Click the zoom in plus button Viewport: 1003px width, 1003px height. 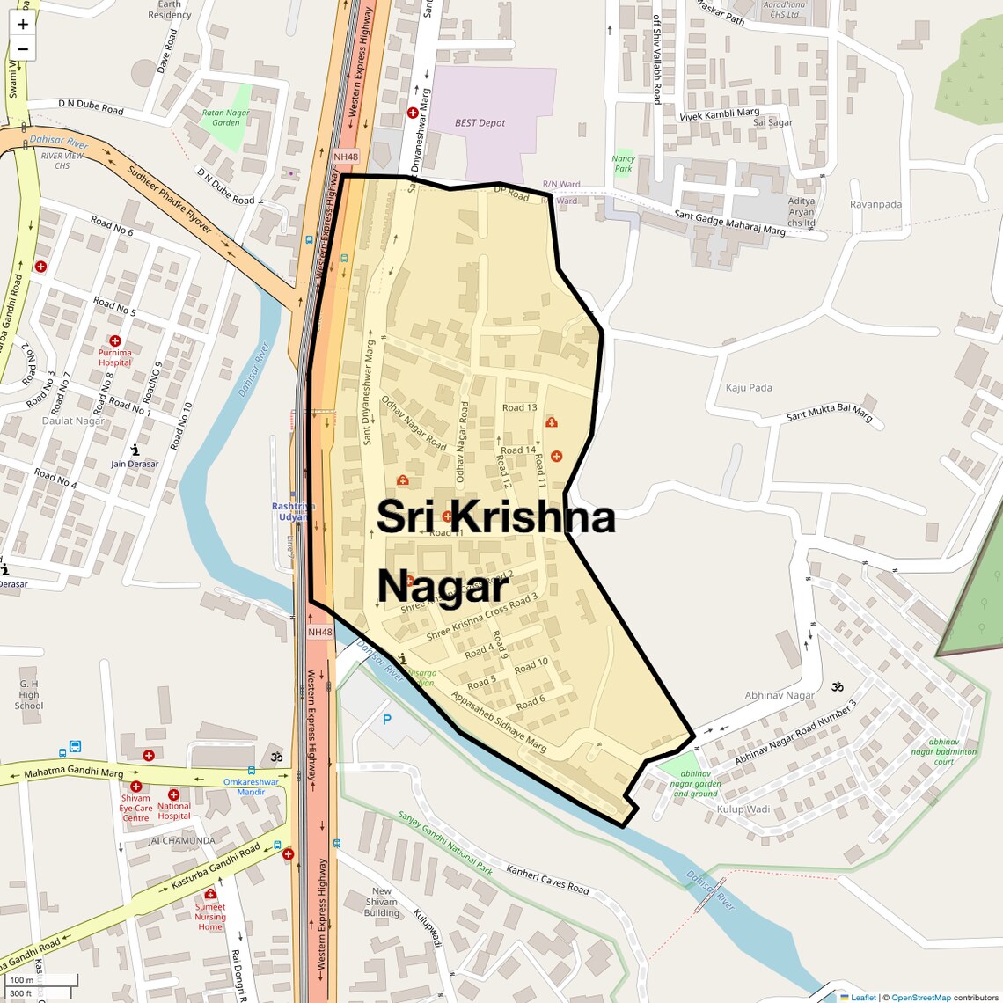(x=23, y=24)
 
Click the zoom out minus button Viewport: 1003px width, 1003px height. (x=23, y=49)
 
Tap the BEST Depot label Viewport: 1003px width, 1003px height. (x=480, y=123)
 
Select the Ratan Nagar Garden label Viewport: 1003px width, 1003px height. (x=226, y=118)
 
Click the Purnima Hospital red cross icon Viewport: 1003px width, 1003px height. (x=114, y=340)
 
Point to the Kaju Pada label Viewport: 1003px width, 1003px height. (x=749, y=387)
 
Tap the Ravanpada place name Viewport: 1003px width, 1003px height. (x=875, y=204)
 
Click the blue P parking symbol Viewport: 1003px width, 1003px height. (x=386, y=720)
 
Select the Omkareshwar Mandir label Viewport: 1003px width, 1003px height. (x=251, y=787)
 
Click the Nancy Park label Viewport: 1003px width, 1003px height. (x=623, y=164)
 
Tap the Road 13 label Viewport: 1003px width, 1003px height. (x=519, y=407)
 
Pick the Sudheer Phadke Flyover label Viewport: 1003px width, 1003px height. (x=170, y=200)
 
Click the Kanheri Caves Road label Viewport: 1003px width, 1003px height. (x=547, y=879)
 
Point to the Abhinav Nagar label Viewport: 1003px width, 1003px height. (x=780, y=695)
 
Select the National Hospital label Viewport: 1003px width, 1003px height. (x=174, y=810)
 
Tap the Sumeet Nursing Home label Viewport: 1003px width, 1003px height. (x=210, y=917)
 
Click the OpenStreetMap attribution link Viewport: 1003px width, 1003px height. (x=920, y=998)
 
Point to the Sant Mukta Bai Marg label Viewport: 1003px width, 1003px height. (x=829, y=412)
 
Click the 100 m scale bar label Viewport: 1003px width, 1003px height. (x=21, y=980)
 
